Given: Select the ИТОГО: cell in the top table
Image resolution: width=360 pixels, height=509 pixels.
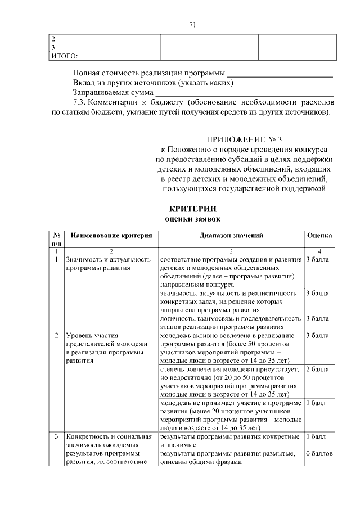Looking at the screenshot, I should coord(64,56).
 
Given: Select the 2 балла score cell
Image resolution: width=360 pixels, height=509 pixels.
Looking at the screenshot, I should coord(317,370).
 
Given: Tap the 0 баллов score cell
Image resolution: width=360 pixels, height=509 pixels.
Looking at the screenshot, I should coord(319,453).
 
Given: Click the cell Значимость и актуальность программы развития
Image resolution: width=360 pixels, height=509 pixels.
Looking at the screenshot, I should coord(108,264).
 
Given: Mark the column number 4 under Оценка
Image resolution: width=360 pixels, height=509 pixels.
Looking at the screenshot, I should coord(319,251).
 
